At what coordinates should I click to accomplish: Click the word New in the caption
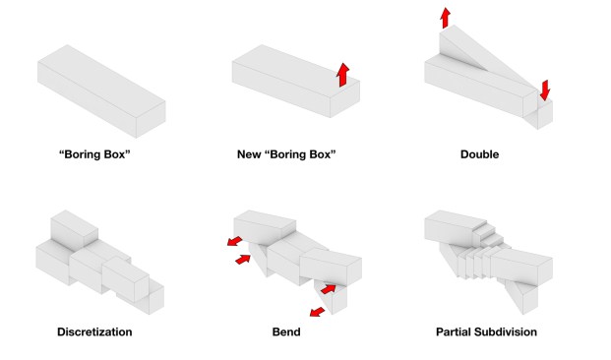249,154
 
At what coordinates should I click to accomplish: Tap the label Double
479,154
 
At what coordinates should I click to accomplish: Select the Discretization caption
94,331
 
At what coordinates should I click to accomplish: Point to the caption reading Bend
286,331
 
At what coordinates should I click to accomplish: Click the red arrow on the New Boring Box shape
343,75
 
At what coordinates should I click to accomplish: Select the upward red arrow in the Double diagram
445,18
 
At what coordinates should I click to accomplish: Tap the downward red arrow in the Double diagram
545,90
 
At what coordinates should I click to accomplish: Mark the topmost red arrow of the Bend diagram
234,241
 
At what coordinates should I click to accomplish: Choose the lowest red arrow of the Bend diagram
317,312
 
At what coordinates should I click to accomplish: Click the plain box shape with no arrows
101,91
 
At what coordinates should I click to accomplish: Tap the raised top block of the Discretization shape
74,230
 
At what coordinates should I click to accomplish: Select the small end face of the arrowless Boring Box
151,120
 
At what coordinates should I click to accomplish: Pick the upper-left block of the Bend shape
265,228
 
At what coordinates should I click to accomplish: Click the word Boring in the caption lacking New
83,154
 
